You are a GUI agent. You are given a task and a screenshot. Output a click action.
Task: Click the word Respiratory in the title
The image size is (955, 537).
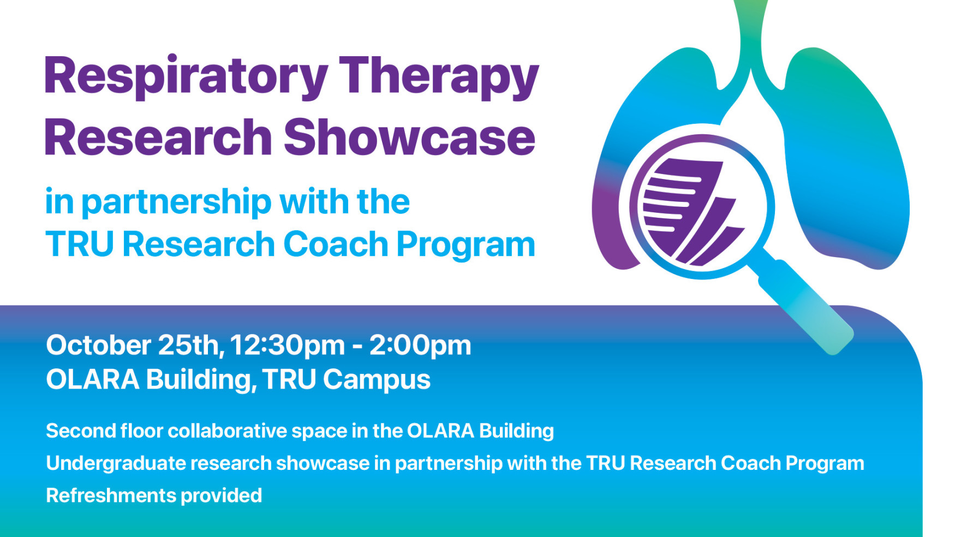point(186,76)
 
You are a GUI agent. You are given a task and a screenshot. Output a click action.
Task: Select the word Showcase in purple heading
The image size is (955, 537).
point(409,138)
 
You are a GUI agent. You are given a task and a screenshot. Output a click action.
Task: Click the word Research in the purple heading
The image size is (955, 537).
point(158,138)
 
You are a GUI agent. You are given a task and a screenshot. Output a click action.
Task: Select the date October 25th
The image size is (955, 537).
point(134,345)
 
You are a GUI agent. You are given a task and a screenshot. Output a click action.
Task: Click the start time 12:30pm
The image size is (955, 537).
point(287,345)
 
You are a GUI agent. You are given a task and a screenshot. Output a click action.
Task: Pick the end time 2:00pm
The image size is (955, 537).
point(420,345)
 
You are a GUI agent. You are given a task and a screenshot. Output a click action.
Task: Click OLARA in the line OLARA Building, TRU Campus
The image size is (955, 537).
point(92,379)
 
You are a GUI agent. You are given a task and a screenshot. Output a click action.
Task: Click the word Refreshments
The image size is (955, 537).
point(111,496)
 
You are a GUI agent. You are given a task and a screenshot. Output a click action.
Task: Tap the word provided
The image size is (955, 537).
point(221,496)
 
